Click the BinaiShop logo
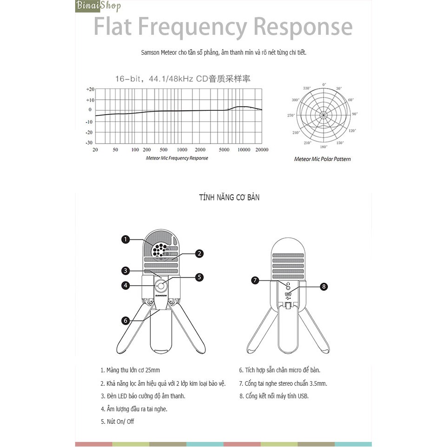[98, 6]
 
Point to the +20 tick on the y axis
[90, 89]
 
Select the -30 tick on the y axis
[89, 143]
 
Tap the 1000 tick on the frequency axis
[182, 150]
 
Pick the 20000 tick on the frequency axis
[262, 150]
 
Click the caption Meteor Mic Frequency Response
[177, 158]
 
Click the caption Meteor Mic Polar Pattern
[322, 159]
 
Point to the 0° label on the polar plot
[324, 84]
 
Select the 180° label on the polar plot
[324, 146]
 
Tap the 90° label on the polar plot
[355, 114]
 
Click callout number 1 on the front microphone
[125, 239]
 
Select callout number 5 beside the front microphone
[199, 277]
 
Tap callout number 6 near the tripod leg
[125, 320]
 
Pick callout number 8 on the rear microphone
[324, 287]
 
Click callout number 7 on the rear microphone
[255, 280]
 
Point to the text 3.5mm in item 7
[319, 383]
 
